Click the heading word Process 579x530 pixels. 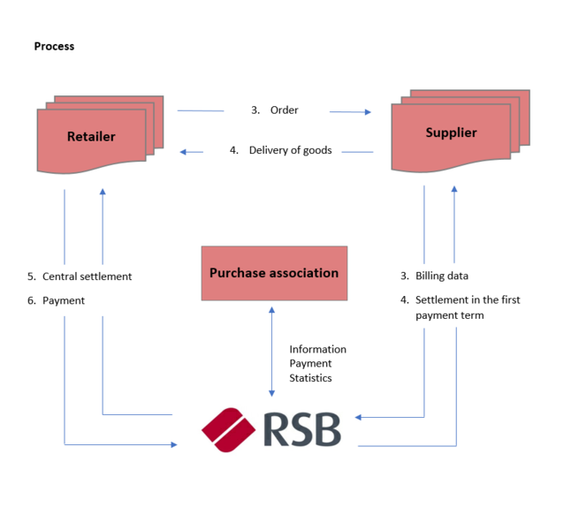pyautogui.click(x=54, y=46)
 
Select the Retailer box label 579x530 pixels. pyautogui.click(x=91, y=137)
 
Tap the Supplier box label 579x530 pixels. pyautogui.click(x=451, y=132)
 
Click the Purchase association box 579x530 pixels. pyautogui.click(x=273, y=273)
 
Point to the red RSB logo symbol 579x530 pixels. pyautogui.click(x=229, y=430)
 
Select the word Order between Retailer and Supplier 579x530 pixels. pyautogui.click(x=285, y=110)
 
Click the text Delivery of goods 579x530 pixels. pyautogui.click(x=290, y=150)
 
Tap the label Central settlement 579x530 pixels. pyautogui.click(x=87, y=276)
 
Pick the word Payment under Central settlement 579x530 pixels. pyautogui.click(x=64, y=300)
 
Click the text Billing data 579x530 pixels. pyautogui.click(x=442, y=276)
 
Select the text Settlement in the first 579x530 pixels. pyautogui.click(x=468, y=300)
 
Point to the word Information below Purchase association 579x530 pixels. pyautogui.click(x=317, y=350)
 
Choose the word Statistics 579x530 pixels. pyautogui.click(x=310, y=378)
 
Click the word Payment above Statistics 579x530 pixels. pyautogui.click(x=310, y=364)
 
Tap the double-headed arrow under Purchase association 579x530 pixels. pyautogui.click(x=271, y=352)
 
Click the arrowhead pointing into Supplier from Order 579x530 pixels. pyautogui.click(x=367, y=112)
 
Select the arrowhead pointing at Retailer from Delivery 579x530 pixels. pyautogui.click(x=184, y=152)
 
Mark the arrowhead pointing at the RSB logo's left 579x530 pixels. pyautogui.click(x=173, y=444)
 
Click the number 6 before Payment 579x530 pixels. pyautogui.click(x=31, y=300)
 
